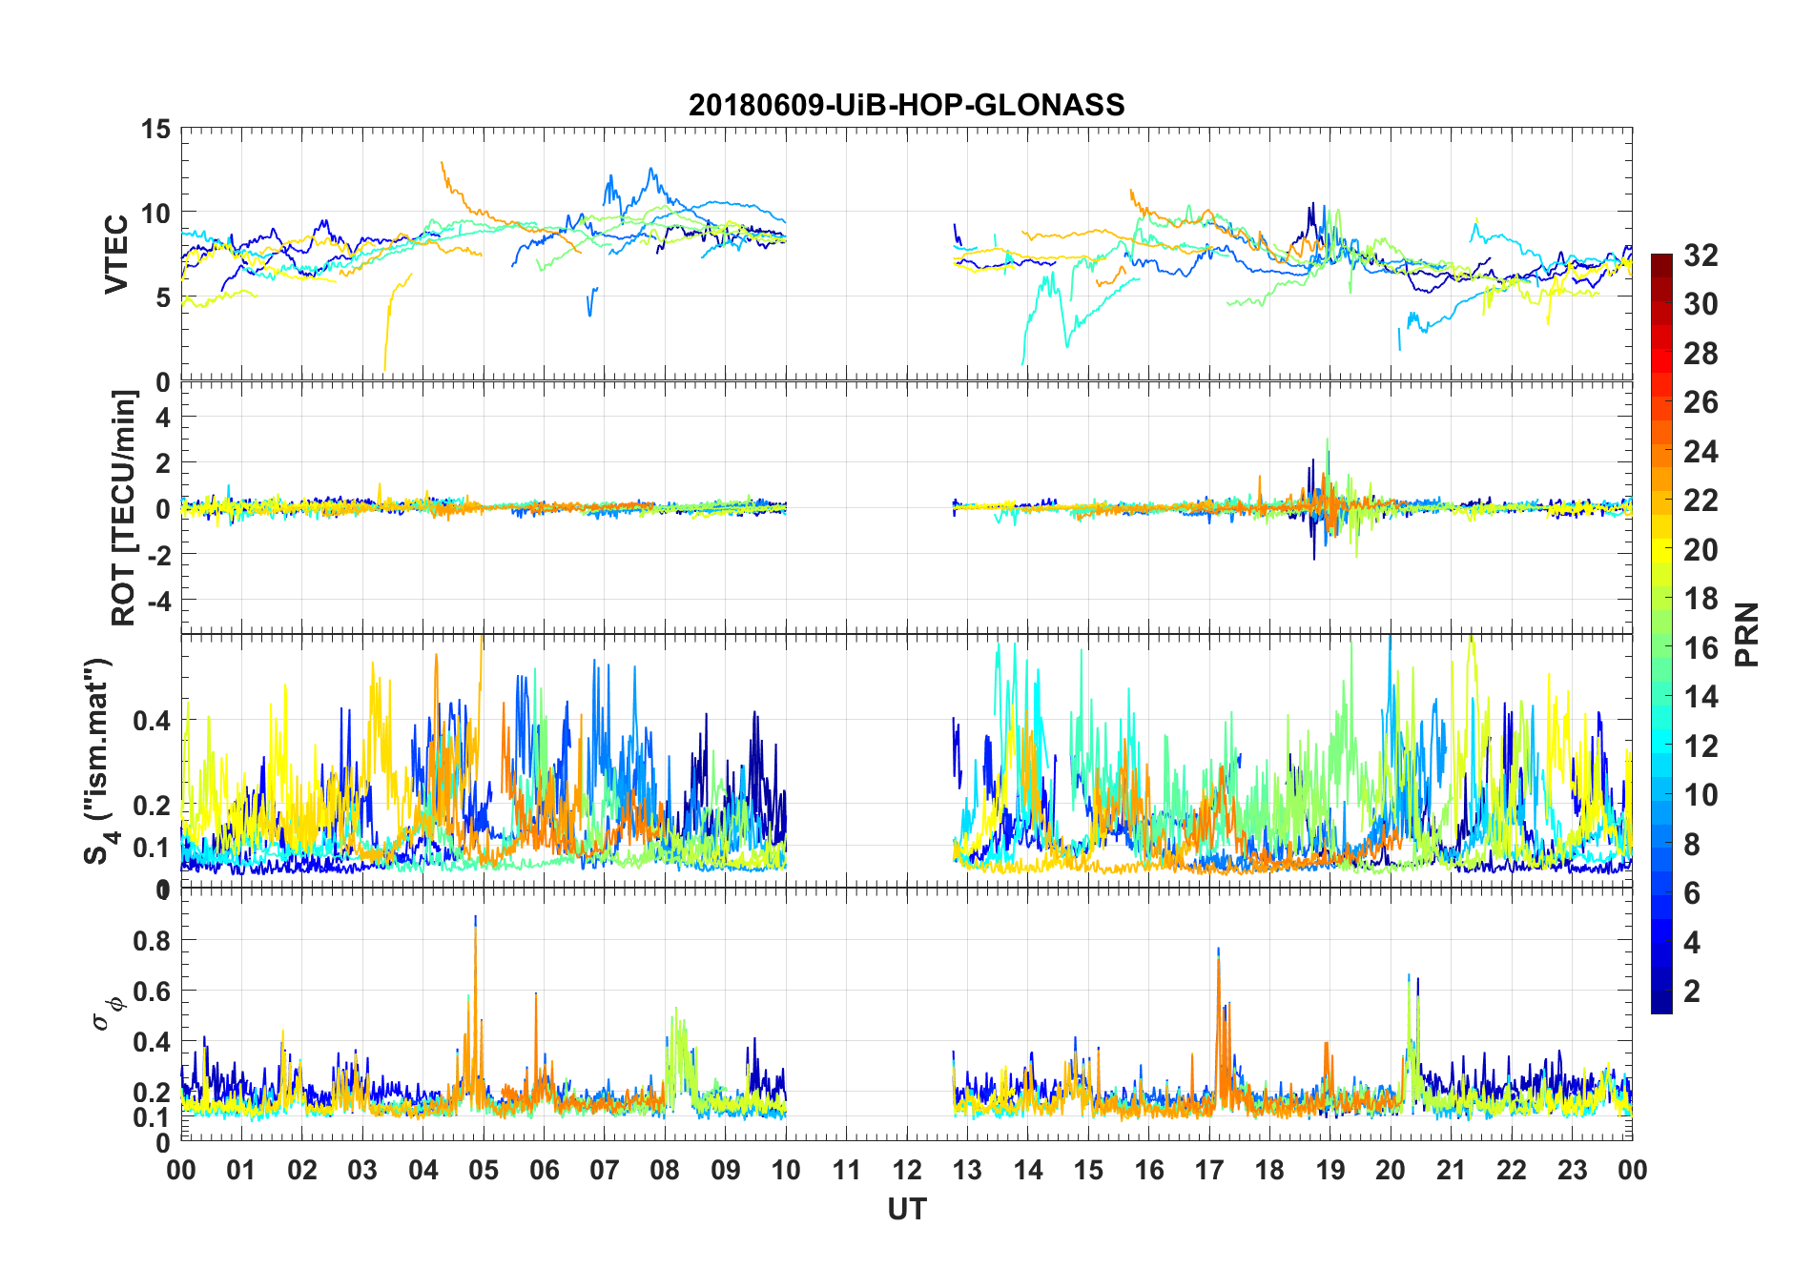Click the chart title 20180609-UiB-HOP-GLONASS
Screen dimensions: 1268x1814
906,105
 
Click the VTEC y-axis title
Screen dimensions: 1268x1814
116,255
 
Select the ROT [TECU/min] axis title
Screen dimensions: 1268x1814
123,507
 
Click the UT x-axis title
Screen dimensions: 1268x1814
906,1210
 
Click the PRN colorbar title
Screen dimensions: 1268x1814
1747,634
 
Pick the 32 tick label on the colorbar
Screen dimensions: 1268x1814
1701,256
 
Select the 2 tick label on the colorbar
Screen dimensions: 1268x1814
1692,992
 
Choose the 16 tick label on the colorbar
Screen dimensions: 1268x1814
1701,648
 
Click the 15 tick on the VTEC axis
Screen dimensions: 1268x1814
155,129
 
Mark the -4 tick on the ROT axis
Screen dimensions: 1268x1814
155,601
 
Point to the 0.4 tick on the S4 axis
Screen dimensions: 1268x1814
151,721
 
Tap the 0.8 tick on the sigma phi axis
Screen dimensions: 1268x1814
152,940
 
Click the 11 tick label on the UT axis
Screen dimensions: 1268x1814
846,1170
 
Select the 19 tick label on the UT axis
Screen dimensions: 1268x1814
1330,1170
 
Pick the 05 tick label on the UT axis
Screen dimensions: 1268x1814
484,1170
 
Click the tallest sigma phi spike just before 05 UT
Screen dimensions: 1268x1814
475,920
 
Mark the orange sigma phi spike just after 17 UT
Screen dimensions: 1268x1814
1218,958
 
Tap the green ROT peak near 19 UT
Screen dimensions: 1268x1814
1328,441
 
